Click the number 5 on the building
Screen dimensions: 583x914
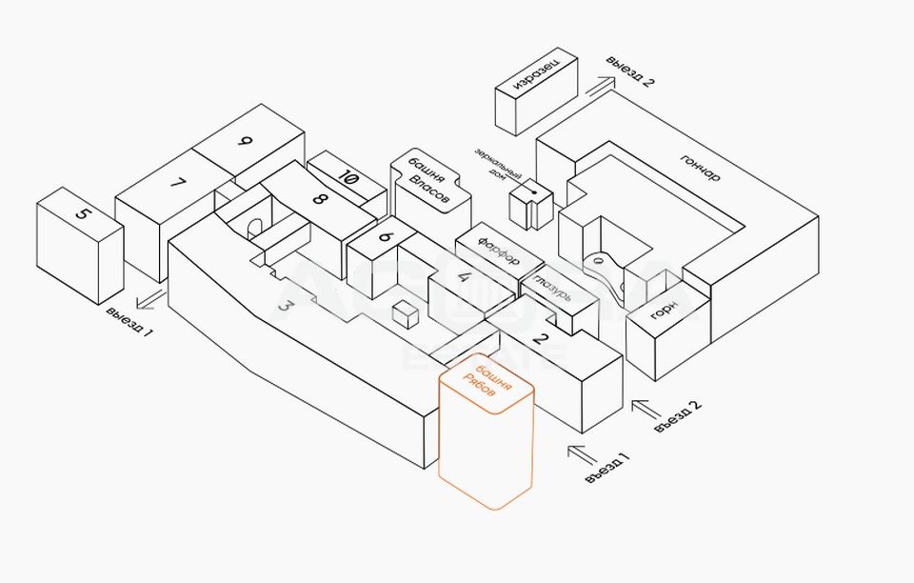pos(83,213)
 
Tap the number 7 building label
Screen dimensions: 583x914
pos(177,184)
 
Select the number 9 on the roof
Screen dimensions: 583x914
pos(245,142)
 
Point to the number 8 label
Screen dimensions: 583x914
pos(319,200)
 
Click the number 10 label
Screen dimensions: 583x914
pos(348,177)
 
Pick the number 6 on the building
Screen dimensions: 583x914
pos(386,238)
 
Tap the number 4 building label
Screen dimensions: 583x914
pos(465,278)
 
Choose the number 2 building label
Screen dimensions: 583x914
pos(540,336)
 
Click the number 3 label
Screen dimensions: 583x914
pos(284,306)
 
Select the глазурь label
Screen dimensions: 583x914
pos(553,287)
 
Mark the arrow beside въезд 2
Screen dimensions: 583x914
pos(646,409)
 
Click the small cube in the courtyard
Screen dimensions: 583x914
pos(407,315)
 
